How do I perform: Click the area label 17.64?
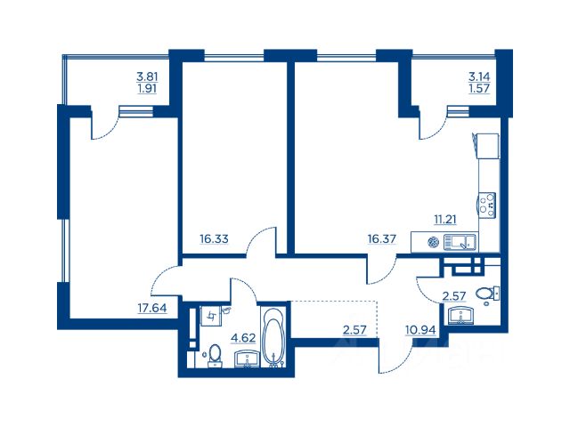pyautogui.click(x=152, y=308)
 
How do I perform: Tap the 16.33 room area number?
pyautogui.click(x=214, y=239)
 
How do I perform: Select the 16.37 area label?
pyautogui.click(x=382, y=239)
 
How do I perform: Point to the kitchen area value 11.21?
pyautogui.click(x=445, y=220)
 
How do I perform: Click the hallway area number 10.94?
pyautogui.click(x=420, y=330)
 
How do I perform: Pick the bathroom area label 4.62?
pyautogui.click(x=243, y=338)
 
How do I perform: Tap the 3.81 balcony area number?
pyautogui.click(x=147, y=77)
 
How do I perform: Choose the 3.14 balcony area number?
pyautogui.click(x=479, y=77)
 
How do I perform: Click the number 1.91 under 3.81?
pyautogui.click(x=147, y=88)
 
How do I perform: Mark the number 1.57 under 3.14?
pyautogui.click(x=479, y=88)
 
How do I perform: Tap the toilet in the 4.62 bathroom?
pyautogui.click(x=215, y=355)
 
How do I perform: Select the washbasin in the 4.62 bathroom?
pyautogui.click(x=248, y=359)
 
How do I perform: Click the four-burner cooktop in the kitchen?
pyautogui.click(x=487, y=205)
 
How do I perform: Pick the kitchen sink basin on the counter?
pyautogui.click(x=460, y=242)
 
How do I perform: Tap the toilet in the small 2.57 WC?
pyautogui.click(x=487, y=294)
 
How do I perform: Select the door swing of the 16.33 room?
pyautogui.click(x=261, y=241)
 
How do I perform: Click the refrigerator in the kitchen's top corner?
pyautogui.click(x=486, y=146)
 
